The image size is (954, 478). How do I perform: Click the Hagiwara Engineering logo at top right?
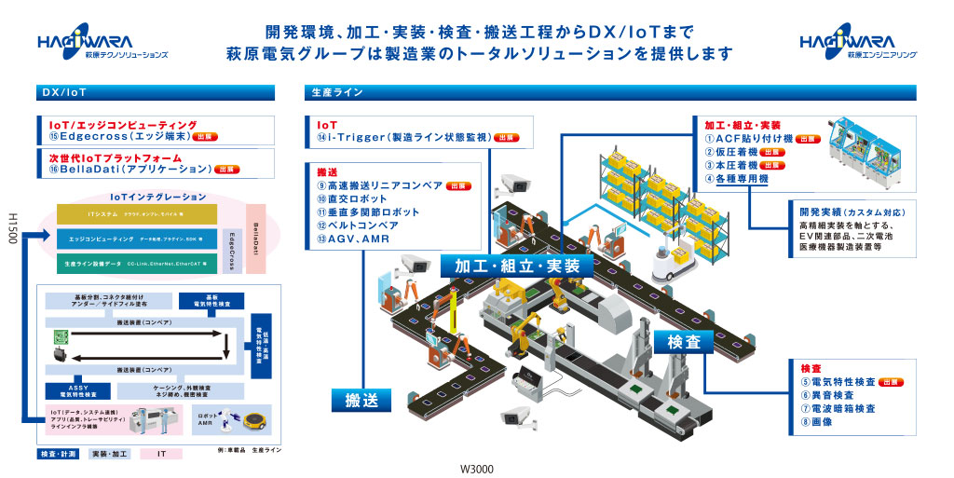tap(857, 45)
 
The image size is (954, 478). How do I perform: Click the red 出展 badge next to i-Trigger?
tap(507, 137)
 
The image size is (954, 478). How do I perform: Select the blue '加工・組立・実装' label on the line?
tap(516, 266)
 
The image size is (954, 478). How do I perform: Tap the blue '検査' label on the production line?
tap(682, 343)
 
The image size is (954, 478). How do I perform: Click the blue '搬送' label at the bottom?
tap(358, 402)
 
